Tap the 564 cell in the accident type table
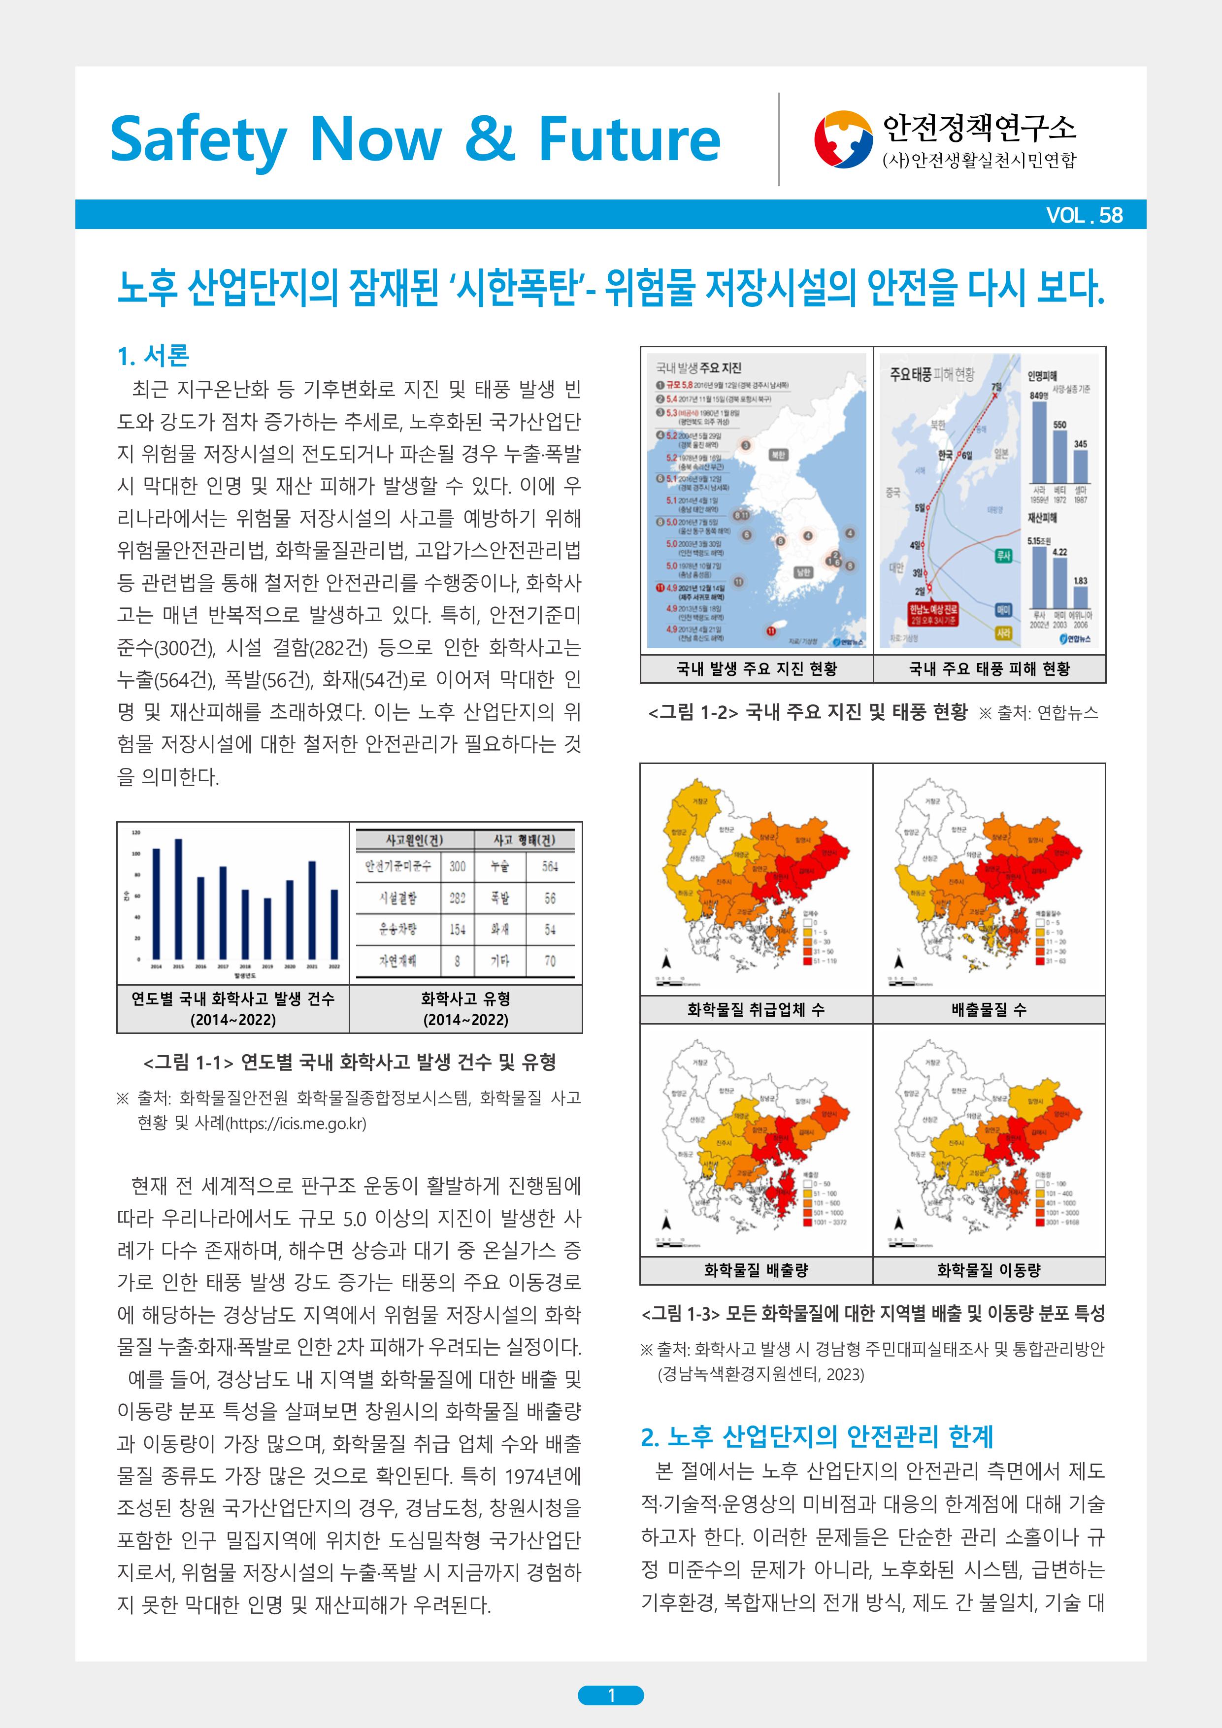click(x=550, y=867)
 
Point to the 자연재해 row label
click(x=397, y=961)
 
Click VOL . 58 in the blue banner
click(x=1084, y=215)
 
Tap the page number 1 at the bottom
click(x=611, y=1695)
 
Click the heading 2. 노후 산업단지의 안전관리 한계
click(x=817, y=1437)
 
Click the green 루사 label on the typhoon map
click(x=1003, y=556)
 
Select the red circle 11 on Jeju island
click(x=770, y=631)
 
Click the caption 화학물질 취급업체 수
click(x=756, y=1010)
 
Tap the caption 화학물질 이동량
click(x=989, y=1270)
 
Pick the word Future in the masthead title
click(x=629, y=139)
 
